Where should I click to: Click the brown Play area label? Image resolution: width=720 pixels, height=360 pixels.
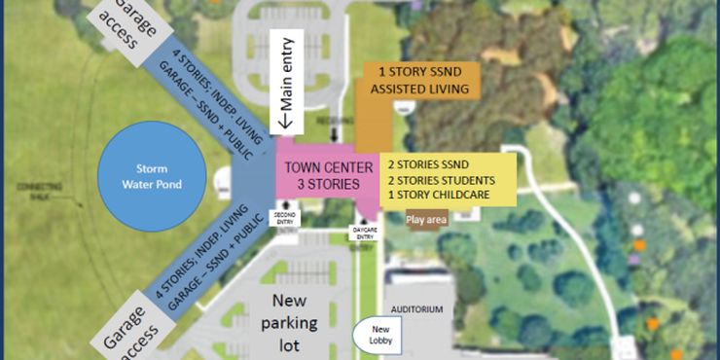(426, 221)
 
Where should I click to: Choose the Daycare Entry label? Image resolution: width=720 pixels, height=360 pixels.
(362, 234)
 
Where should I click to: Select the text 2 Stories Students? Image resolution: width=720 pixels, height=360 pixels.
(437, 181)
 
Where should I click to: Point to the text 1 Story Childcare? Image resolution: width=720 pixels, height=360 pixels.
(437, 195)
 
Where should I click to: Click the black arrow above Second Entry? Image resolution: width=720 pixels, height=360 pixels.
(283, 203)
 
